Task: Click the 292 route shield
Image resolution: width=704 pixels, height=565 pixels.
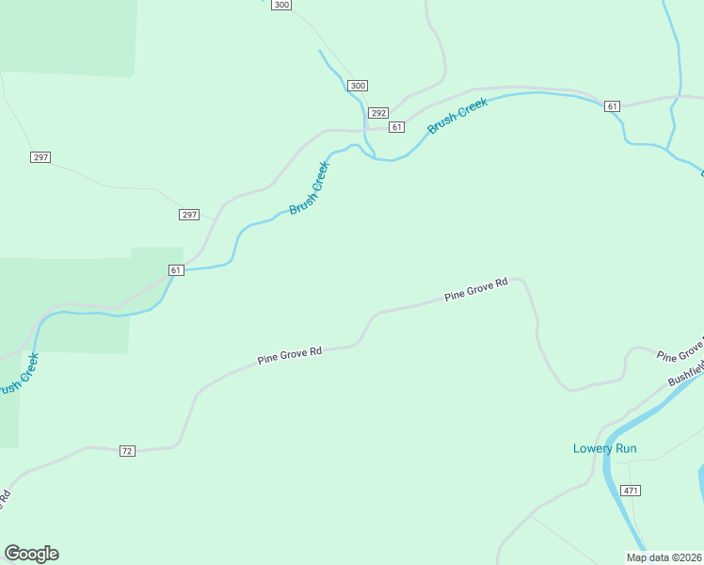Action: tap(378, 112)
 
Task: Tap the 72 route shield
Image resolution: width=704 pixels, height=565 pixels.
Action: tap(127, 451)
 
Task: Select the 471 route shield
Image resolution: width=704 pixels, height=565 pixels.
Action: tap(631, 491)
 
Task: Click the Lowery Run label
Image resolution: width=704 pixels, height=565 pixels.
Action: tap(604, 448)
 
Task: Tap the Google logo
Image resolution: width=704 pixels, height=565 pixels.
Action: tap(31, 554)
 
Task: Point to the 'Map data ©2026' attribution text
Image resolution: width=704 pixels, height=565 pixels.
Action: tap(664, 557)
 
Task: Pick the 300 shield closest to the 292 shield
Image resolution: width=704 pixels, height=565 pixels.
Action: tap(358, 86)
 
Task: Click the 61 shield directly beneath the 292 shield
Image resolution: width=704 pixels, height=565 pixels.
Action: tap(396, 127)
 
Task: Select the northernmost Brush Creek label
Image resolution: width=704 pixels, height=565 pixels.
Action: tap(457, 116)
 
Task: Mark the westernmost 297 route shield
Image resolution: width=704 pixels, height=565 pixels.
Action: tap(40, 156)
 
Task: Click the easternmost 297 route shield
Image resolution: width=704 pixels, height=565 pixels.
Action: tap(189, 215)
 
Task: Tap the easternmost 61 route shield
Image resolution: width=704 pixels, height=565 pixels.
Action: tap(613, 106)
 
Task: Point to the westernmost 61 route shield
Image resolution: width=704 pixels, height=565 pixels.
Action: tap(176, 270)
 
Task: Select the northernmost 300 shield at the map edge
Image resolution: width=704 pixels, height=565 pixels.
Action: tap(281, 5)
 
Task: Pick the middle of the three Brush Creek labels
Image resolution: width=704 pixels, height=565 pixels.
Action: tap(310, 187)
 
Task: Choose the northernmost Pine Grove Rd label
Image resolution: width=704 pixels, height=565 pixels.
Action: tap(476, 288)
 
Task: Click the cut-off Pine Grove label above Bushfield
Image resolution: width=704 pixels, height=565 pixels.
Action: tap(680, 353)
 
